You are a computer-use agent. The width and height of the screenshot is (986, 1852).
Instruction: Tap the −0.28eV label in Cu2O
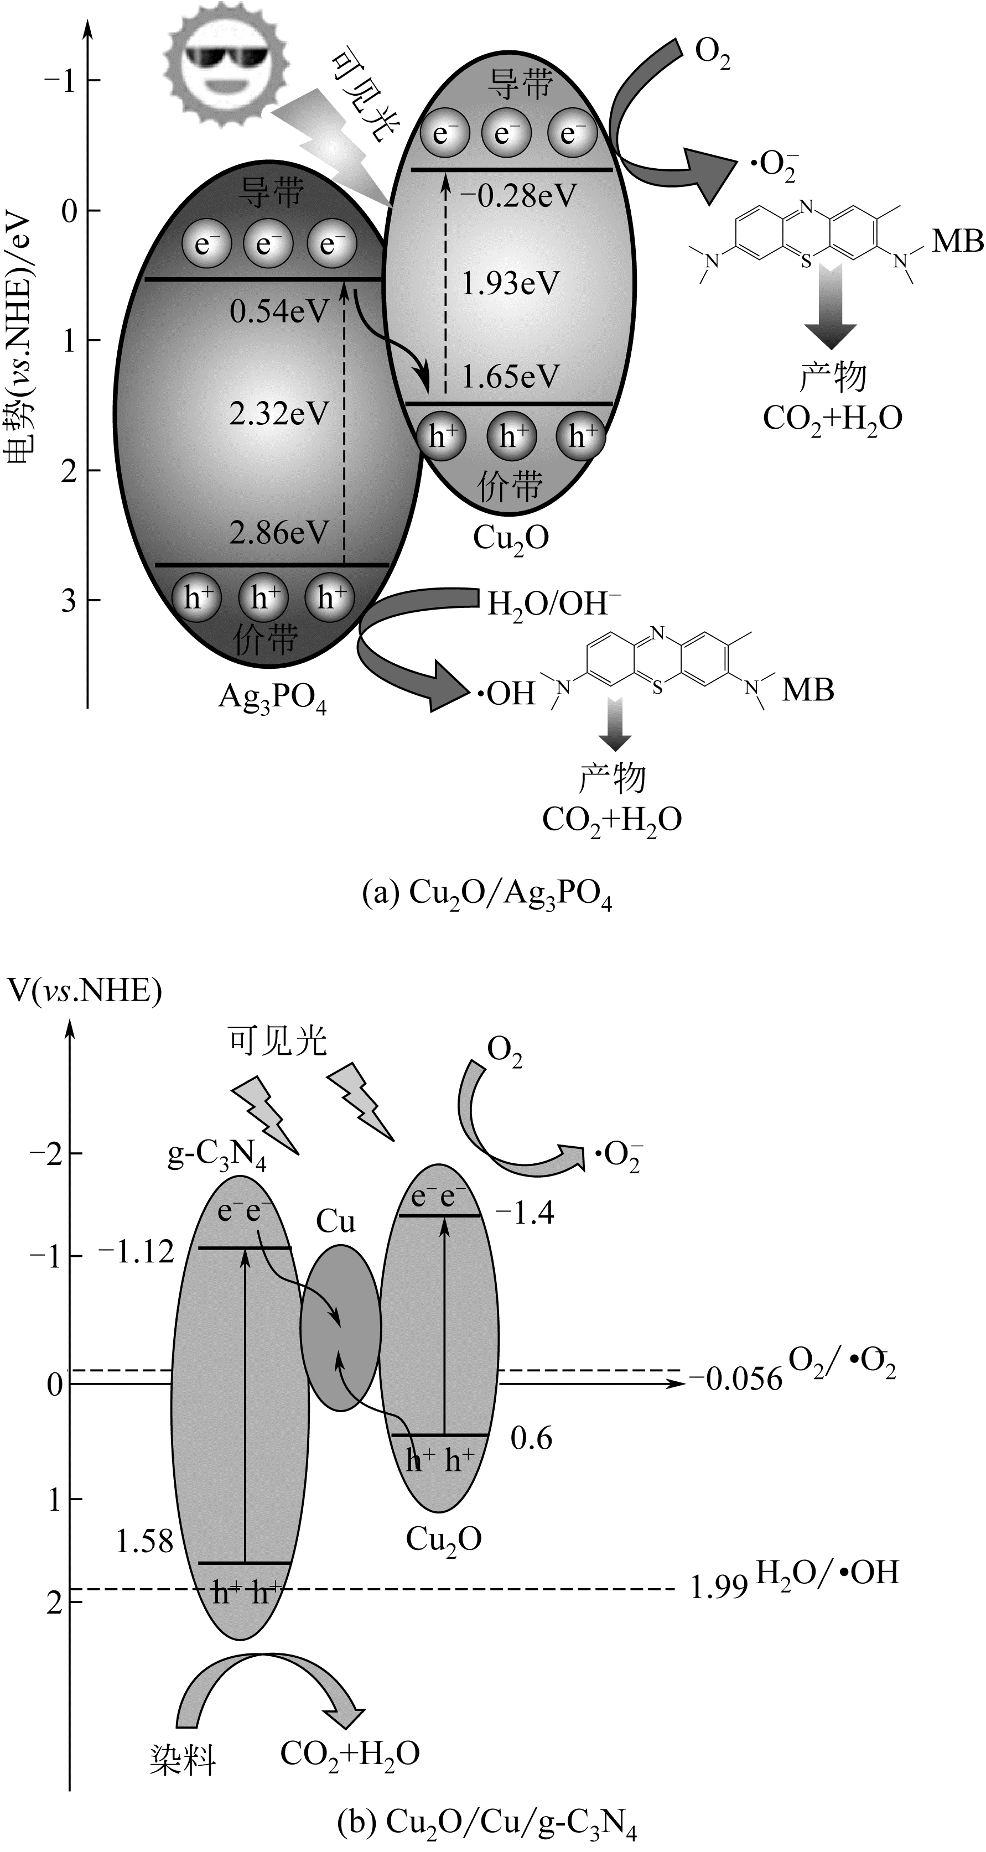[x=518, y=196]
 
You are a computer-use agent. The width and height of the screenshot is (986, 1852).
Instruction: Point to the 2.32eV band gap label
[x=279, y=414]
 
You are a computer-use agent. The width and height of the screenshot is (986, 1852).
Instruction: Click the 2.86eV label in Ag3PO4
[x=279, y=533]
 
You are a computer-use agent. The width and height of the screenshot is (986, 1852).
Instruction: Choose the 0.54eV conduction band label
[x=279, y=313]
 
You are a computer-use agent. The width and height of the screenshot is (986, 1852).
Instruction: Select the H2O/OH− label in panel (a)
[x=554, y=605]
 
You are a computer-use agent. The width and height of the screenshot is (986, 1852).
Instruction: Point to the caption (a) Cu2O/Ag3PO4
[x=487, y=894]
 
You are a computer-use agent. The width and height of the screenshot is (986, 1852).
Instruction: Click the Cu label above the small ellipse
[x=336, y=1221]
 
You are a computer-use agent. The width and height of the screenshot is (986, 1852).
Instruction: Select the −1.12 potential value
[x=136, y=1252]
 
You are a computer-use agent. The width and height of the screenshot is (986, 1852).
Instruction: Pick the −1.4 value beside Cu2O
[x=525, y=1213]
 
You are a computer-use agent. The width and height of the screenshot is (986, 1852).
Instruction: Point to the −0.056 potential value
[x=735, y=1378]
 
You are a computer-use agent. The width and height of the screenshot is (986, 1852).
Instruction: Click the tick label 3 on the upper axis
[x=68, y=600]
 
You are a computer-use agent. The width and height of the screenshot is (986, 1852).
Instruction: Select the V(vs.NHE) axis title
[x=84, y=991]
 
